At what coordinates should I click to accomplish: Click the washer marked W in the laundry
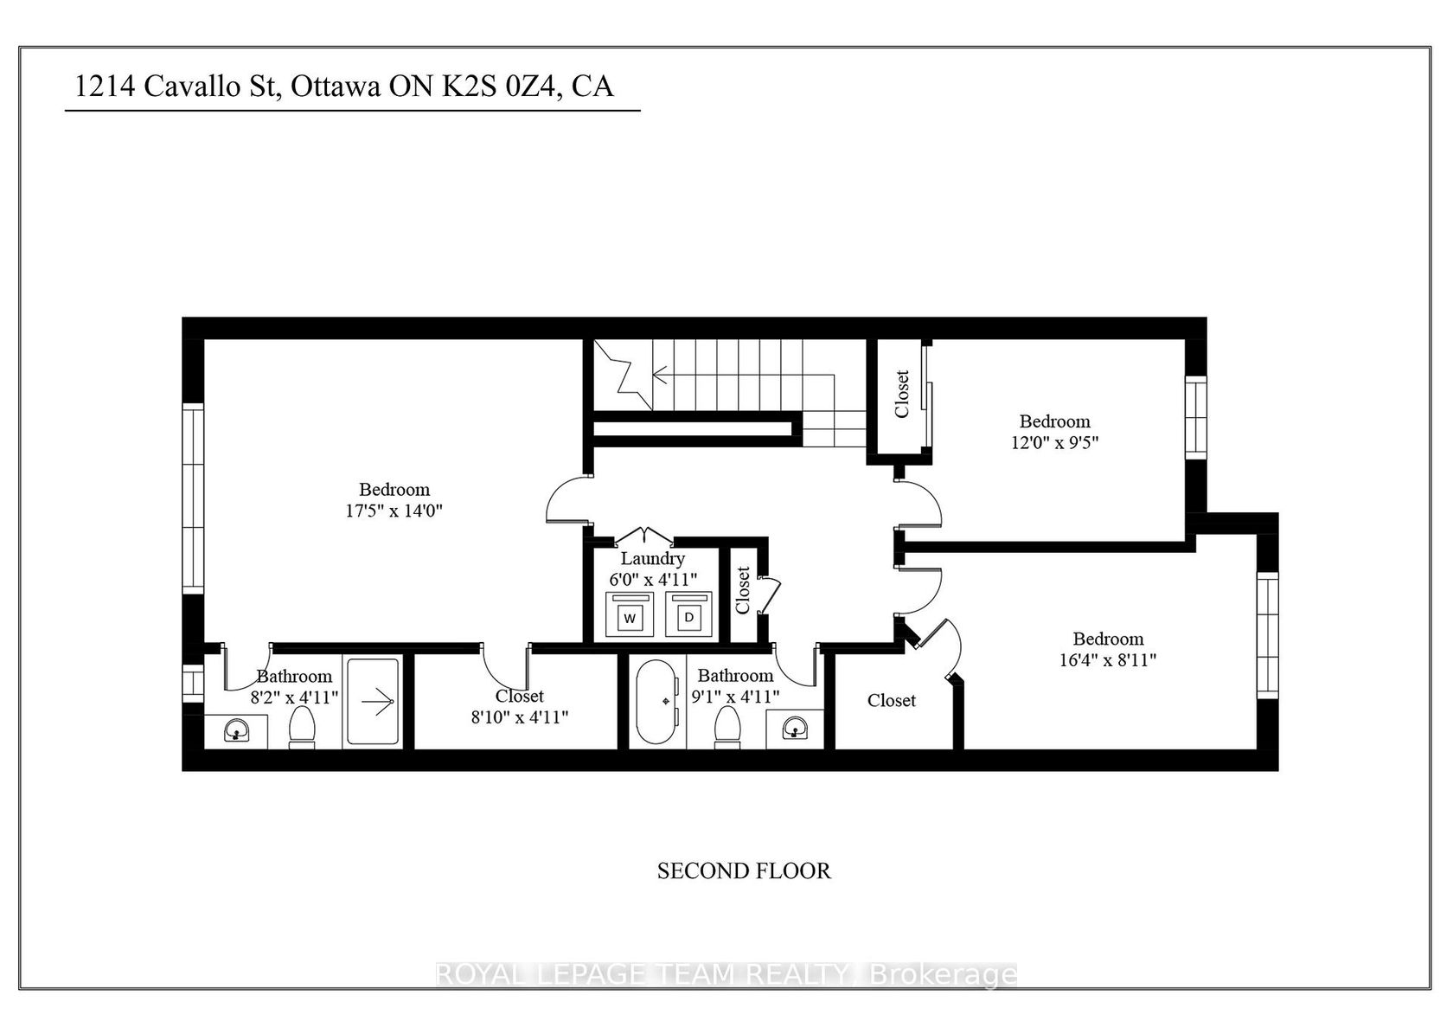tap(630, 614)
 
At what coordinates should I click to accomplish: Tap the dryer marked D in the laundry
tap(688, 614)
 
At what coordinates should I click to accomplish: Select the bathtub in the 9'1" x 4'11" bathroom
tap(657, 702)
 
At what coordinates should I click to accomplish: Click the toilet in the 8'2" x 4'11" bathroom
tap(301, 728)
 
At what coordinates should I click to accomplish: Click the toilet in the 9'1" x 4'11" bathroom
tap(727, 728)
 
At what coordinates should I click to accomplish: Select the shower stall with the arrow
tap(372, 702)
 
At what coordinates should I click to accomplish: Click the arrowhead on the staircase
tap(659, 375)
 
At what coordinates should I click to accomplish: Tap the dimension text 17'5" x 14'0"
tap(394, 511)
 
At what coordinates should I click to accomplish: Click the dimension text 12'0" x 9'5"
tap(1055, 443)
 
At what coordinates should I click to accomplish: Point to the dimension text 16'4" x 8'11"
tap(1108, 660)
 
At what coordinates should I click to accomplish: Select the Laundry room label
tap(652, 558)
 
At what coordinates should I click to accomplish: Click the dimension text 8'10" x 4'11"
tap(520, 717)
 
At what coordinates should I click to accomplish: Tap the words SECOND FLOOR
tap(744, 871)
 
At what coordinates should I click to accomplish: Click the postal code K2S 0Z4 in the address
tap(499, 87)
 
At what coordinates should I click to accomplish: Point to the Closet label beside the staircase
tap(901, 394)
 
